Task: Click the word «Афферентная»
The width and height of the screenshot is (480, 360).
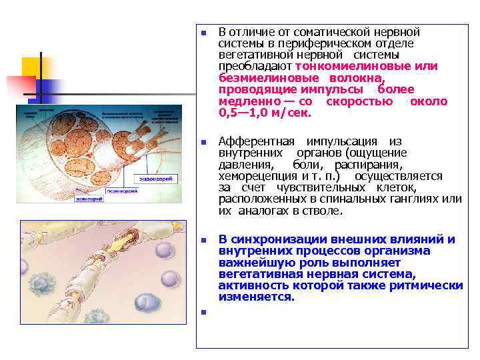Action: (x=256, y=141)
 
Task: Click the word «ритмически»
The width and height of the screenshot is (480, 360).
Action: (x=433, y=285)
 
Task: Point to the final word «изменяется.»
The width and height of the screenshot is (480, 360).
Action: (x=257, y=297)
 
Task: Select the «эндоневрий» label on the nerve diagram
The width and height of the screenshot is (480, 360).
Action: (x=157, y=179)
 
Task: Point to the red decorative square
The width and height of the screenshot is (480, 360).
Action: (x=20, y=87)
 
